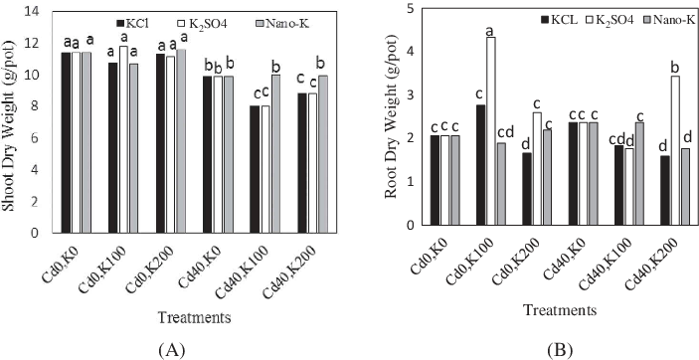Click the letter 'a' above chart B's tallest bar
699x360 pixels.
[490, 31]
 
